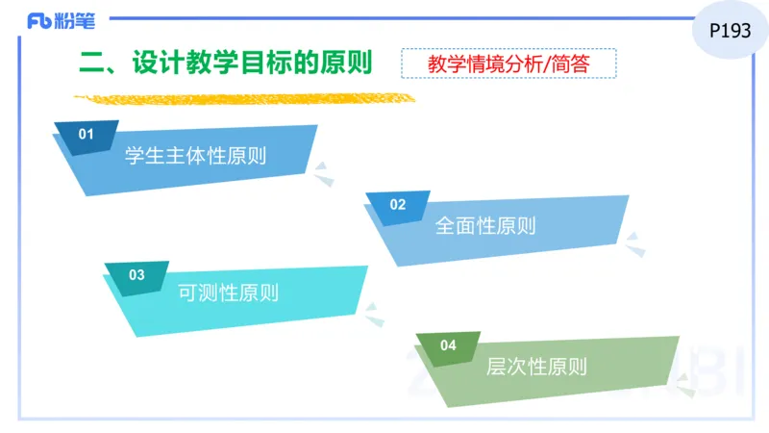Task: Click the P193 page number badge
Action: (730, 31)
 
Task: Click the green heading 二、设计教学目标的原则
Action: (226, 63)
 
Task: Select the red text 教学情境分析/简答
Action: (509, 64)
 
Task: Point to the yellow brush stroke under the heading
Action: (245, 97)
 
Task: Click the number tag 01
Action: (87, 135)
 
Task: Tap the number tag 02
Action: (398, 204)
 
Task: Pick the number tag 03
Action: (136, 275)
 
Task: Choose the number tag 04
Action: (448, 345)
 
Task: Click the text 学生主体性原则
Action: (196, 156)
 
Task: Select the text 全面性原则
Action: (485, 226)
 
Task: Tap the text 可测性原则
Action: (229, 293)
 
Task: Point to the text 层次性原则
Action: (536, 367)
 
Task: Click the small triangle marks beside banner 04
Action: (685, 384)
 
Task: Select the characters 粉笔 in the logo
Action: (74, 20)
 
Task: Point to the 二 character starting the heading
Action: (91, 63)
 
